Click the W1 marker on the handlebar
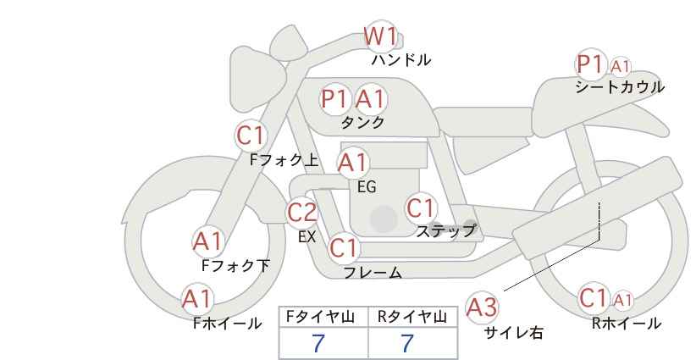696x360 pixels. [380, 36]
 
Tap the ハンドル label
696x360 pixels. [401, 60]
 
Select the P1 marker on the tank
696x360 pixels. [334, 99]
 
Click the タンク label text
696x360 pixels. [362, 122]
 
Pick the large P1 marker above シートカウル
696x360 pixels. [590, 65]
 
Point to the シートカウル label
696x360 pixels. [620, 87]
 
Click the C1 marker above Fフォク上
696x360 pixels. [250, 136]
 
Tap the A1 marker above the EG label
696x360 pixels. [352, 163]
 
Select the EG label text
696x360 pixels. [367, 187]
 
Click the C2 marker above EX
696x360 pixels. [301, 213]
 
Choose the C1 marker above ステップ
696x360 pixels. [421, 208]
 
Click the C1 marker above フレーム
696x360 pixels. [344, 247]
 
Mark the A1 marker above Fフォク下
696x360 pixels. [207, 242]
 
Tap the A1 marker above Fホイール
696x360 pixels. [197, 299]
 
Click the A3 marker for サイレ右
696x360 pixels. [482, 307]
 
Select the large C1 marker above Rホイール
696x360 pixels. [594, 298]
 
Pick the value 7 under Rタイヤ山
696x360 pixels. [407, 344]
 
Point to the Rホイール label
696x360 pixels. [627, 324]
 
